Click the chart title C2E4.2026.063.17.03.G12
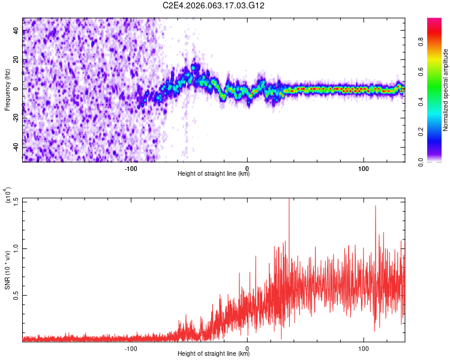point(214,5)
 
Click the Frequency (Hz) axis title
point(7,90)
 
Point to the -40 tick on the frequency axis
point(16,148)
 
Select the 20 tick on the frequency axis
point(16,60)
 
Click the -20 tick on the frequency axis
point(16,118)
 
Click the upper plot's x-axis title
point(214,174)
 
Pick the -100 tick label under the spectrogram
point(130,167)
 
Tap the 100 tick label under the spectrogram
point(364,167)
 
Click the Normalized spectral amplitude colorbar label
point(445,90)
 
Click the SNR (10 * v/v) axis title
point(7,270)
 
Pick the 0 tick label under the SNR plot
point(247,347)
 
